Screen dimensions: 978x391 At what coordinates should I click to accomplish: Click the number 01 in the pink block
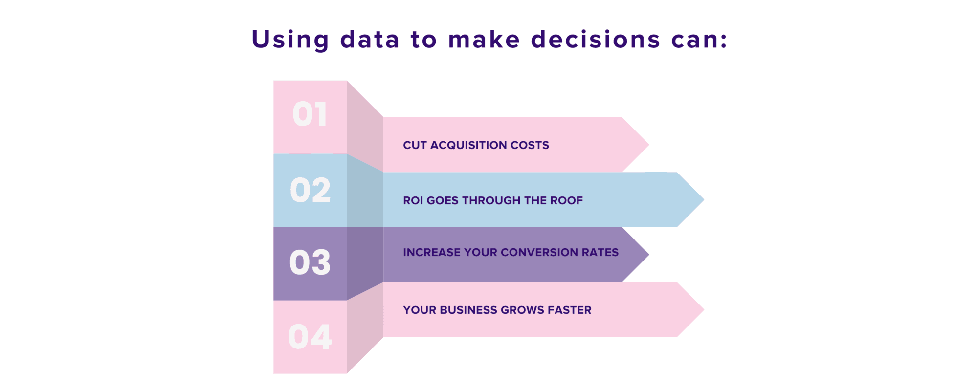[310, 114]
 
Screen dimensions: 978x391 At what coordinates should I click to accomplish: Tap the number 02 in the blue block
[310, 190]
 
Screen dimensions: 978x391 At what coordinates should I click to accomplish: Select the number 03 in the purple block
[310, 262]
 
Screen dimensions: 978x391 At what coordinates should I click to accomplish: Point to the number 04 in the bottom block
[310, 337]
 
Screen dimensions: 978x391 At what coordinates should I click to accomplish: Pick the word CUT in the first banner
[415, 145]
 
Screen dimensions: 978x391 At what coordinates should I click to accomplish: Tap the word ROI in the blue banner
[413, 200]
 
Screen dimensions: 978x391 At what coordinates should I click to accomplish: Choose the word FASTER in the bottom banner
[572, 310]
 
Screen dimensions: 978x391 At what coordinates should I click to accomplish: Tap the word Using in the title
[290, 40]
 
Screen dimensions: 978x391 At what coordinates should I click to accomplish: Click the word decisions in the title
[596, 39]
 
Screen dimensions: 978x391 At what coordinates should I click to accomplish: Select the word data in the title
[370, 39]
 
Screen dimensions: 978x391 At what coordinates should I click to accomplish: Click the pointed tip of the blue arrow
[704, 199]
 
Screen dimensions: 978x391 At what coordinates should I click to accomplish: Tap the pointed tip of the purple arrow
[649, 254]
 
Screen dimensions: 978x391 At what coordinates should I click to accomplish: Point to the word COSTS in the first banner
[530, 145]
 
